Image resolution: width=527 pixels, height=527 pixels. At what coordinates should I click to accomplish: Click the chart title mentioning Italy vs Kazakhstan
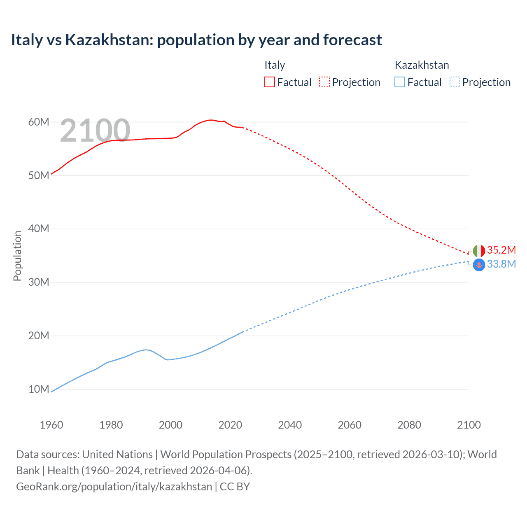196,40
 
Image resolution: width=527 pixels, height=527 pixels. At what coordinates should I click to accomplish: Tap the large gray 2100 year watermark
95,131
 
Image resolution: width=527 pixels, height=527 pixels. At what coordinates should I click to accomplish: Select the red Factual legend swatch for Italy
269,82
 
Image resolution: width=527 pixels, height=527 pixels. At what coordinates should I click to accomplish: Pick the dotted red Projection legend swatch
324,82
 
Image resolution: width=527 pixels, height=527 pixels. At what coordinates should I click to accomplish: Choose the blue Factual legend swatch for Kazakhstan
400,82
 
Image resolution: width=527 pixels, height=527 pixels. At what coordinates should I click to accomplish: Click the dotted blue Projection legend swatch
455,82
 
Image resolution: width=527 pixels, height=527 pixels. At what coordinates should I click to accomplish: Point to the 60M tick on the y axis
39,122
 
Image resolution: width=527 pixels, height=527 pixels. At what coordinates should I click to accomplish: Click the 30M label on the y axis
39,282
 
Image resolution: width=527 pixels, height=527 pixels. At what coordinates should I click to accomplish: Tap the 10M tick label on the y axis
39,389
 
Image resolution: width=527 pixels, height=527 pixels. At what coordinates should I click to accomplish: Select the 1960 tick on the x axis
51,425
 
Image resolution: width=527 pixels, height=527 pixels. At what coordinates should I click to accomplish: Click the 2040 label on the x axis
290,425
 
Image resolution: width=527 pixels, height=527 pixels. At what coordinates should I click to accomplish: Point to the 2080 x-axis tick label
409,425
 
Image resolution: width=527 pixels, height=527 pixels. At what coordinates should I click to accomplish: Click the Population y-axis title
17,256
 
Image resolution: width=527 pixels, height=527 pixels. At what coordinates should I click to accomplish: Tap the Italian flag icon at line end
479,250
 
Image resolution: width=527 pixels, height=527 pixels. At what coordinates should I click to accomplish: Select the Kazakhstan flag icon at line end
479,264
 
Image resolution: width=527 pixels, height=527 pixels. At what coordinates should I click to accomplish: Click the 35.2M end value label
501,250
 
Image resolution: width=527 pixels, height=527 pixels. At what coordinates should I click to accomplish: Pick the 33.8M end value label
501,264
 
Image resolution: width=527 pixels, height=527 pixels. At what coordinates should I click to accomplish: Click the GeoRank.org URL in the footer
114,486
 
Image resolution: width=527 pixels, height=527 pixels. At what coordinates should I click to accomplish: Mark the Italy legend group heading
275,65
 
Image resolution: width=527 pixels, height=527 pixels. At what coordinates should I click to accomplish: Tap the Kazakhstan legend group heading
422,65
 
